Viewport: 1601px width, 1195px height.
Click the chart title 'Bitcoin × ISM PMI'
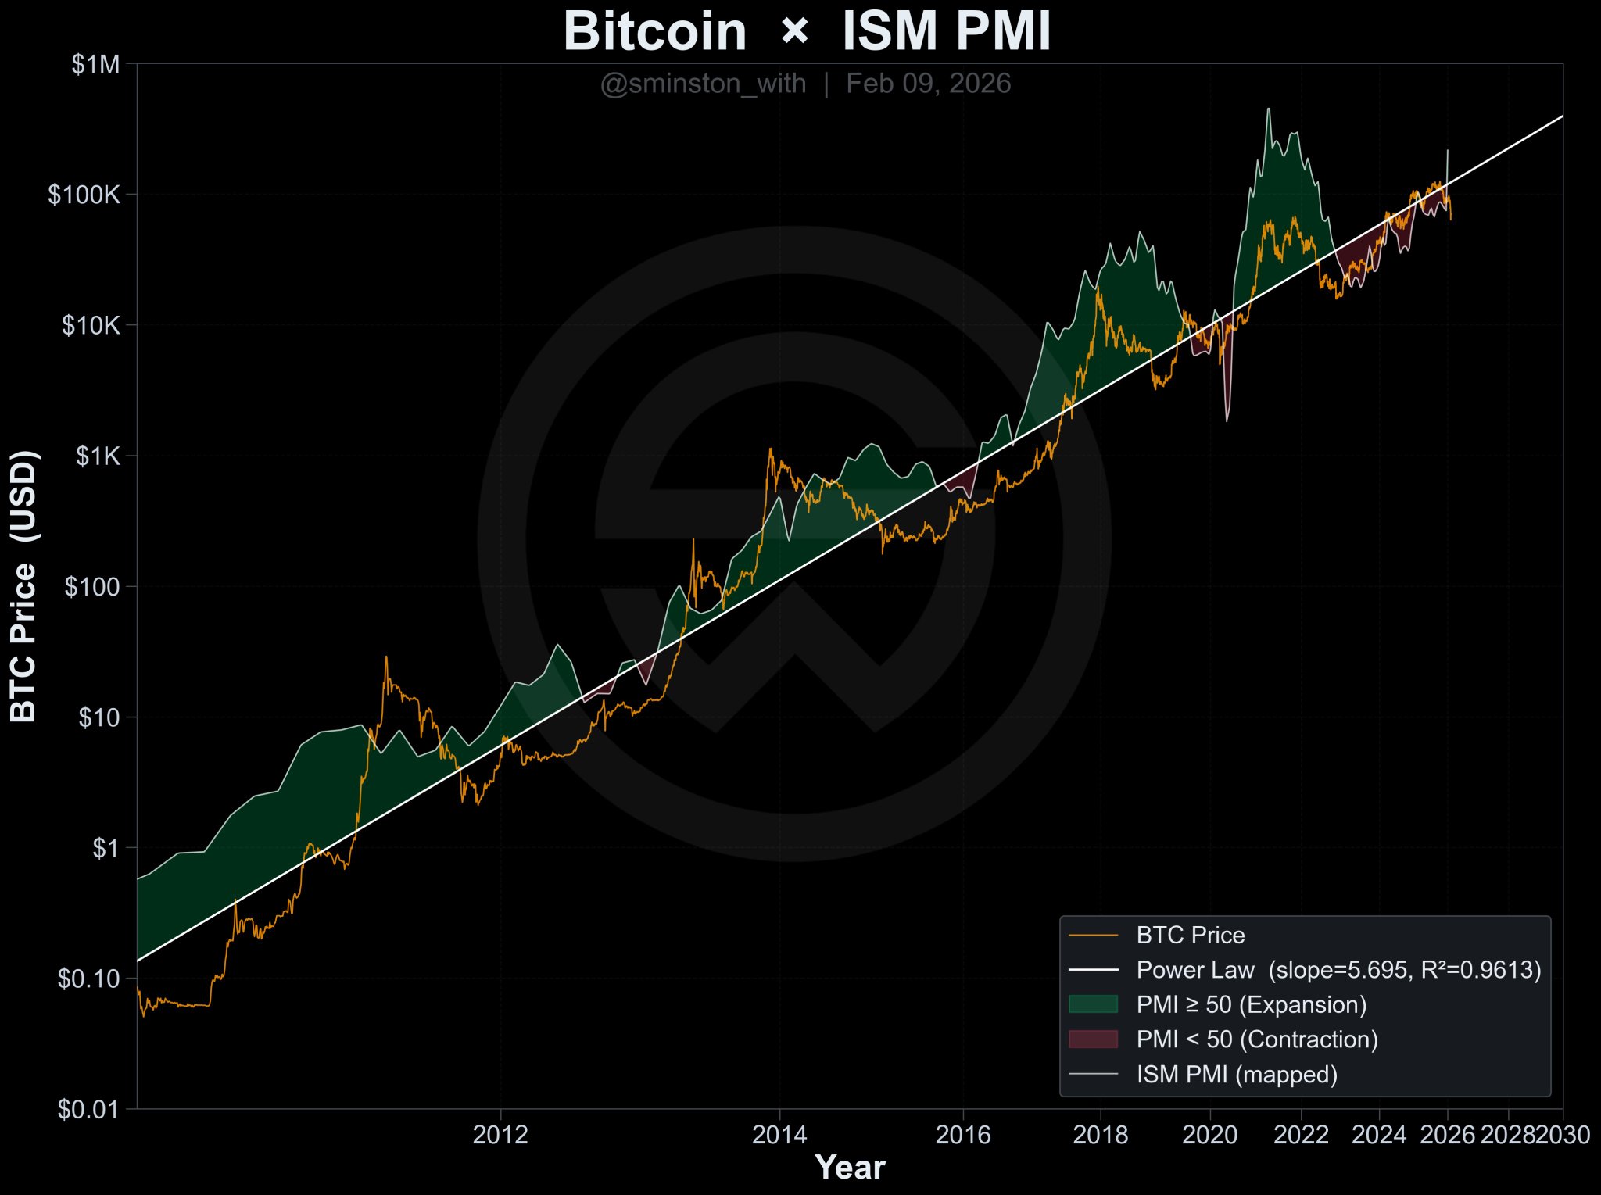(807, 31)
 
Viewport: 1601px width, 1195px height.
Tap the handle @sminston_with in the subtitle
(703, 84)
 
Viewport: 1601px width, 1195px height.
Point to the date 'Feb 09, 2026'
(928, 84)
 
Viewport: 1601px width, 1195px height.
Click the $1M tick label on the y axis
(96, 65)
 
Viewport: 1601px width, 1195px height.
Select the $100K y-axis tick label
(84, 195)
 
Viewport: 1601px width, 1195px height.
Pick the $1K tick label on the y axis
(98, 456)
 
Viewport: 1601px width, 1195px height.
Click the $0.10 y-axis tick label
(89, 979)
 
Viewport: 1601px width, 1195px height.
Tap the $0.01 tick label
(89, 1109)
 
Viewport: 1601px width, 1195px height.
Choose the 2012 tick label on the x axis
(500, 1135)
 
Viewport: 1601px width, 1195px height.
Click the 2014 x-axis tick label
(779, 1135)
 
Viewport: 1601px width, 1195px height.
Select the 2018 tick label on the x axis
(1100, 1135)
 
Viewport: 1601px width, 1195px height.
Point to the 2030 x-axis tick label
(1562, 1135)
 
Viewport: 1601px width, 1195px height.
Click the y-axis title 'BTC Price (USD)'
(24, 586)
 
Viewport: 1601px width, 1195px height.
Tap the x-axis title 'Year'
(850, 1168)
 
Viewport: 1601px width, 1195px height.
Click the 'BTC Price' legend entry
(1190, 936)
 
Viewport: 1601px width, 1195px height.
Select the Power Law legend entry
(1338, 970)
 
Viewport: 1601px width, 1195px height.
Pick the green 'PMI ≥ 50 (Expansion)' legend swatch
(1093, 1004)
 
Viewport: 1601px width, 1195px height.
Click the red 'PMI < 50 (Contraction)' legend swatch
(1093, 1039)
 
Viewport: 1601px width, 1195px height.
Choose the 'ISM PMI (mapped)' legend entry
(1237, 1075)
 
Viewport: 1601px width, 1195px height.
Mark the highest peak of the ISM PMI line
(1268, 109)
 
